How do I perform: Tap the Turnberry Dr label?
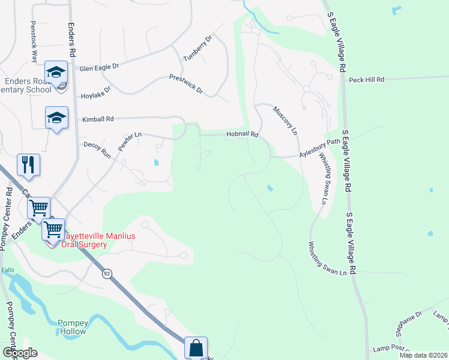pyautogui.click(x=199, y=48)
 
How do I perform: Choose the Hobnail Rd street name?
pyautogui.click(x=242, y=134)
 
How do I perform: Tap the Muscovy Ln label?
pyautogui.click(x=286, y=121)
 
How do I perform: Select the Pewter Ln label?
pyautogui.click(x=129, y=142)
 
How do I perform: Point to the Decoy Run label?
pyautogui.click(x=97, y=149)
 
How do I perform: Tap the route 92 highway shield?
pyautogui.click(x=107, y=274)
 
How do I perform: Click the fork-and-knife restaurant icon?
pyautogui.click(x=28, y=164)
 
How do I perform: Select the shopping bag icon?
pyautogui.click(x=196, y=347)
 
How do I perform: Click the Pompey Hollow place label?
pyautogui.click(x=73, y=327)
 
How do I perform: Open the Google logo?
pyautogui.click(x=19, y=353)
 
